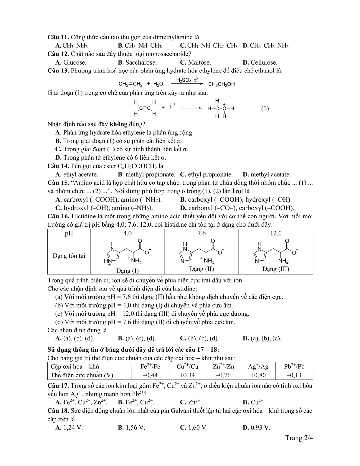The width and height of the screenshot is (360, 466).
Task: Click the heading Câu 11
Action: click(x=58, y=37)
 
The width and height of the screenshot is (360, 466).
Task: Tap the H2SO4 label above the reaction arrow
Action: click(x=186, y=80)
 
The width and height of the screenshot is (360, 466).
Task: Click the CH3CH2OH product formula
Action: click(x=222, y=84)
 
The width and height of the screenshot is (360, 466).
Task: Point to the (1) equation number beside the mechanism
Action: click(x=265, y=108)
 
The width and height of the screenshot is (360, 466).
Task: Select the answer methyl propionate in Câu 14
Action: click(x=146, y=174)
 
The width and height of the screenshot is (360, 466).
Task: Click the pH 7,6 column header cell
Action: click(x=202, y=233)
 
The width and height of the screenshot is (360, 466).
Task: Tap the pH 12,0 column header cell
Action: click(x=275, y=233)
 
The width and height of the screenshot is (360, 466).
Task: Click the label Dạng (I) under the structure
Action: click(x=127, y=270)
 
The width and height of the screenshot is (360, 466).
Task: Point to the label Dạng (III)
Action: click(x=275, y=269)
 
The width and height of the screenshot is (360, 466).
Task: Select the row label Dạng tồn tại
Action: click(x=69, y=256)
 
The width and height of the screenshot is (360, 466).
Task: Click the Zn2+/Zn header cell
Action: click(x=223, y=367)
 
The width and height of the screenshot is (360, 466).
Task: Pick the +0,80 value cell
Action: click(x=258, y=375)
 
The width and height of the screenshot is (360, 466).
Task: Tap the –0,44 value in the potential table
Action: click(x=150, y=375)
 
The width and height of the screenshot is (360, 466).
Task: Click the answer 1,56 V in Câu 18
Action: click(x=132, y=428)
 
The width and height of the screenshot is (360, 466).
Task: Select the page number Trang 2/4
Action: click(x=299, y=438)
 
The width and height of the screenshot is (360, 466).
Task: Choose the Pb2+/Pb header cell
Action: click(x=294, y=367)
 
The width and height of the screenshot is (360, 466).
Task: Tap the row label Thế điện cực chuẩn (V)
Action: click(x=82, y=375)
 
